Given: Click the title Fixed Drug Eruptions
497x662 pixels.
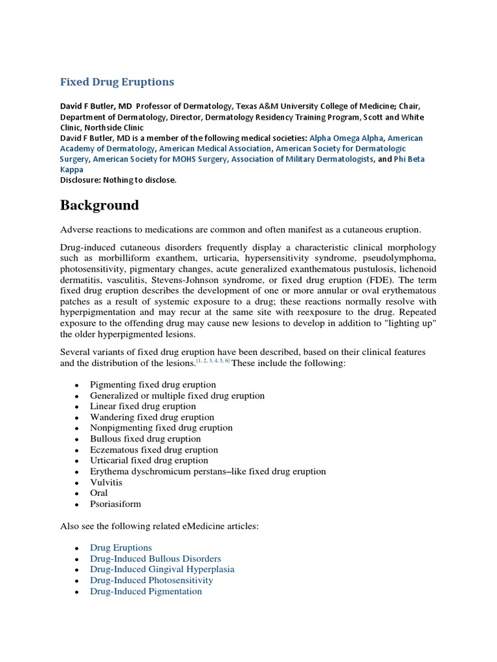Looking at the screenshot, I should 117,82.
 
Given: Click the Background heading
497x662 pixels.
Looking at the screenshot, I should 99,206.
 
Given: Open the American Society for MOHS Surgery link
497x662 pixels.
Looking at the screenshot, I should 160,158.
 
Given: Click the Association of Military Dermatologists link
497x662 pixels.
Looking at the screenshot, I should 302,158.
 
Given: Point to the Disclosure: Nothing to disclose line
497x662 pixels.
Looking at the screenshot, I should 118,180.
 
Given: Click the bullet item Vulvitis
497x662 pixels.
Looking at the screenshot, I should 106,482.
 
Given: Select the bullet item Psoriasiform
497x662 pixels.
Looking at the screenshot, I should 115,504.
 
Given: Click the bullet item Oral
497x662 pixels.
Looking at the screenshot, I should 99,493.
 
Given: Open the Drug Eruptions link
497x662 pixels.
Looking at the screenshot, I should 121,548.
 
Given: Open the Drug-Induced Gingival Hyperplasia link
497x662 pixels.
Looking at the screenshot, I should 162,570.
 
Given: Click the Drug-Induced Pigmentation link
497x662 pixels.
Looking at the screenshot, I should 146,591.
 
